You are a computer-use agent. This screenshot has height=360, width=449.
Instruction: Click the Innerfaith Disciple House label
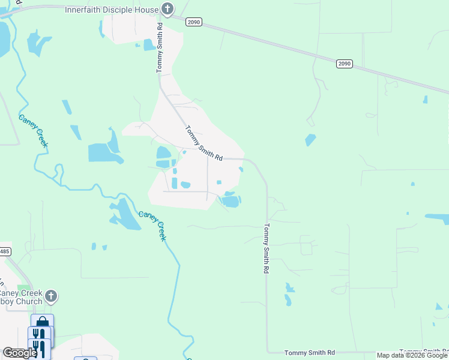coord(112,10)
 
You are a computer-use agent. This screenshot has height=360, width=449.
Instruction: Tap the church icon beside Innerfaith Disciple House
coord(167,10)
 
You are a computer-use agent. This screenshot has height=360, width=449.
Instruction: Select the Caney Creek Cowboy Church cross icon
coord(51,296)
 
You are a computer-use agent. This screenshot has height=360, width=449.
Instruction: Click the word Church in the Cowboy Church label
coord(29,302)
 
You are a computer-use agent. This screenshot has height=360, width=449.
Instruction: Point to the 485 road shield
coord(4,251)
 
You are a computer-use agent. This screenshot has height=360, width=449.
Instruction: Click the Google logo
coord(20,353)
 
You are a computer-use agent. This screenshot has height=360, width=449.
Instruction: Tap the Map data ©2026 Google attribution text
coord(412,355)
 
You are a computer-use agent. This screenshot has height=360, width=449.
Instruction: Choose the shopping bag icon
coord(42,322)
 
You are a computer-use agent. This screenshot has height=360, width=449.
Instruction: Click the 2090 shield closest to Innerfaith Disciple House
coord(193,22)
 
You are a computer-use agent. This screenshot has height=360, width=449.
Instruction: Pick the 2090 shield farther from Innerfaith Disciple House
coord(343,63)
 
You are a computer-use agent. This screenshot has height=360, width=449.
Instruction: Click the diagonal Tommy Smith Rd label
coord(204,143)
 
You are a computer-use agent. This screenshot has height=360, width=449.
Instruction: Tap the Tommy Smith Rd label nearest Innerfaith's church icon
coord(160,48)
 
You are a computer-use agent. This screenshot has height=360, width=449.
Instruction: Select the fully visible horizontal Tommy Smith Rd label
coord(310,353)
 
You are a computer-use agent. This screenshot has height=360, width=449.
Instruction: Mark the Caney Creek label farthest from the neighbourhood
coord(32,131)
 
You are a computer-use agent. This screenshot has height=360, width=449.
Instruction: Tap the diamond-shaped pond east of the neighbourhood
coord(310,140)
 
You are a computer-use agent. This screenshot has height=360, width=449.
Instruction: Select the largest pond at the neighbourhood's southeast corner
coord(231,201)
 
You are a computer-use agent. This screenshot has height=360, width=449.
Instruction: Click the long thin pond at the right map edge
coord(436,218)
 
